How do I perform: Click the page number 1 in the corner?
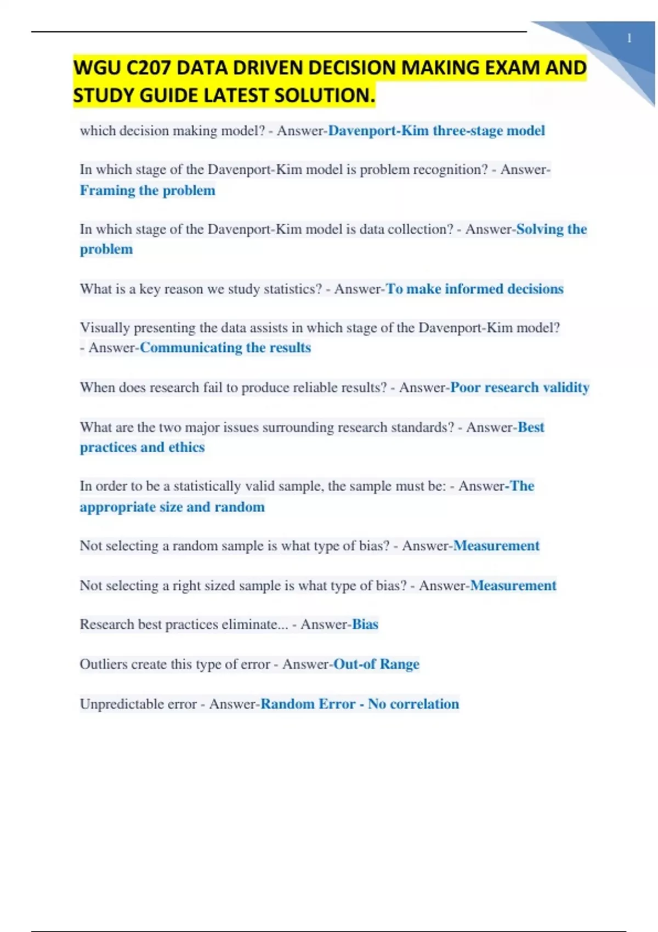(x=629, y=38)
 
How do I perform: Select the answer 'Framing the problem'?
(x=148, y=190)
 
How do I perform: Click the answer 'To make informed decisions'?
(x=474, y=289)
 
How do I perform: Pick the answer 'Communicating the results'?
(x=225, y=348)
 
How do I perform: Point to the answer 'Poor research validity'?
(x=519, y=388)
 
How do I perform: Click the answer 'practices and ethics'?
(x=142, y=447)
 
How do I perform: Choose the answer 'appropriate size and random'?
(x=172, y=507)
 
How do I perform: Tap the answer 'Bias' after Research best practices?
(x=365, y=624)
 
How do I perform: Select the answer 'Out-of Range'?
(x=377, y=664)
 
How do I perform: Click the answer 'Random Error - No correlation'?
(x=360, y=704)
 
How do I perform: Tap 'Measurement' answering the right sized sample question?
(x=513, y=586)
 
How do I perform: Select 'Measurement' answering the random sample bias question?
(x=496, y=546)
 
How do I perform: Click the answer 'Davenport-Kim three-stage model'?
(x=436, y=131)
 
